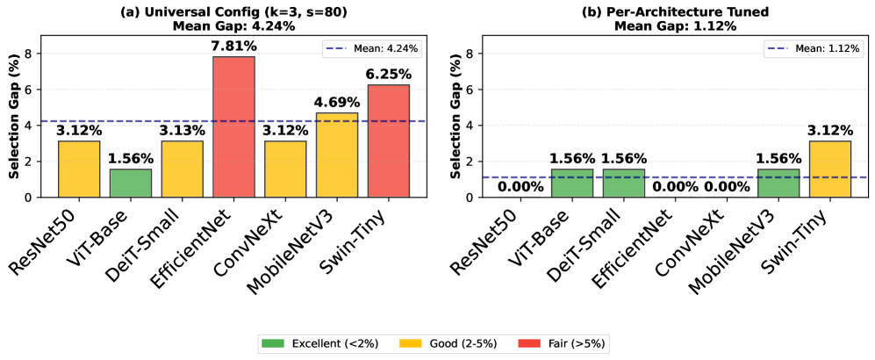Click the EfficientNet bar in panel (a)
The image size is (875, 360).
[x=233, y=126]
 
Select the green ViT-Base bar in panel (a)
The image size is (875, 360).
[x=130, y=183]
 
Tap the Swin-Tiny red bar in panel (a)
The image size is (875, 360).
[x=388, y=140]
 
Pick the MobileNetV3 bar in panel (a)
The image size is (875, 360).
[x=336, y=155]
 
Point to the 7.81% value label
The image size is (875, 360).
[x=233, y=47]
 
